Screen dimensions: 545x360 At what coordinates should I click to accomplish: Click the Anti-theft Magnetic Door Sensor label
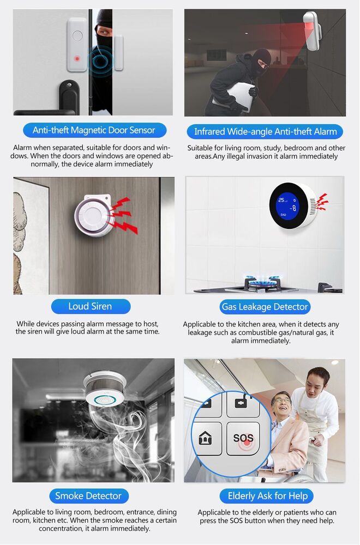pyautogui.click(x=94, y=130)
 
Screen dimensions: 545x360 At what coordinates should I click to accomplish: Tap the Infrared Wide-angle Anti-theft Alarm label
pyautogui.click(x=266, y=131)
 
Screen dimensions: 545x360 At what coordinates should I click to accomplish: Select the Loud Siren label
pyautogui.click(x=90, y=306)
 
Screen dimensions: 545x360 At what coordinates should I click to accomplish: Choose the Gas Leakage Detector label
pyautogui.click(x=265, y=307)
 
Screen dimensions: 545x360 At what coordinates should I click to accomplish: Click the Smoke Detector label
pyautogui.click(x=88, y=496)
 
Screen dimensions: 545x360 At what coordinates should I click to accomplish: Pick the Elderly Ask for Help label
pyautogui.click(x=267, y=496)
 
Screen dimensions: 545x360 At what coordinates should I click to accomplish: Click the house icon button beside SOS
pyautogui.click(x=206, y=438)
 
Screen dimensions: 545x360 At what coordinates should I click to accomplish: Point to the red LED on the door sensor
pyautogui.click(x=77, y=58)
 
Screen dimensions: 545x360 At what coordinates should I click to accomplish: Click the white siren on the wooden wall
pyautogui.click(x=91, y=215)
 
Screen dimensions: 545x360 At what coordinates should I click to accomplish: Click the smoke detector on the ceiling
pyautogui.click(x=105, y=389)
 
